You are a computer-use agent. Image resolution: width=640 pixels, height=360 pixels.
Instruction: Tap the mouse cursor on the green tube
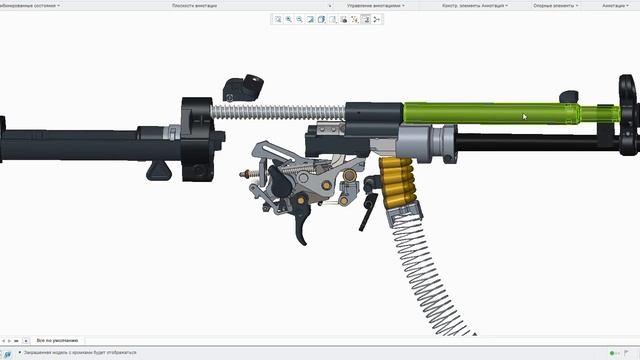[524, 116]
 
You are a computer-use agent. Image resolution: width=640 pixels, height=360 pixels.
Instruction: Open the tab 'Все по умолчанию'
[57, 341]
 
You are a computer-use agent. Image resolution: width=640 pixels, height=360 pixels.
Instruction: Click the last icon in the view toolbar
[377, 19]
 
